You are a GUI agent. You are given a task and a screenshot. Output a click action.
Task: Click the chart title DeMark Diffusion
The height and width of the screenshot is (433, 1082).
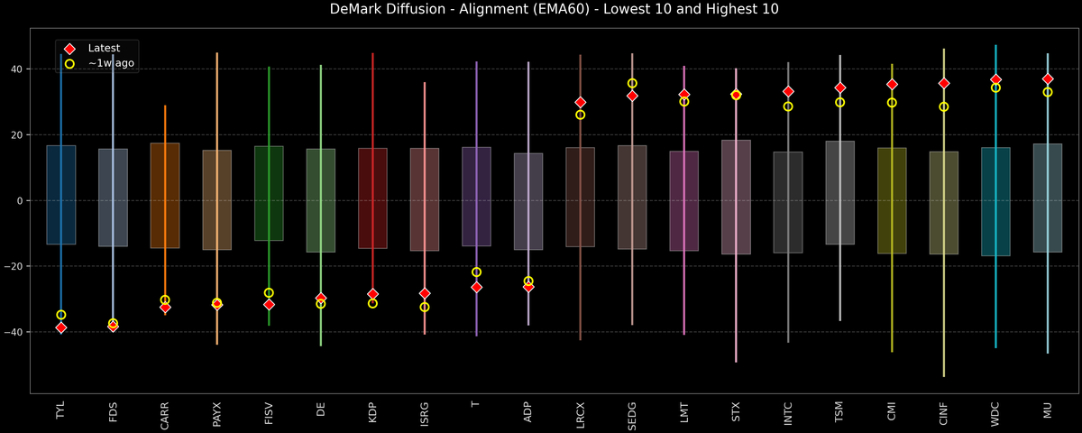click(x=541, y=10)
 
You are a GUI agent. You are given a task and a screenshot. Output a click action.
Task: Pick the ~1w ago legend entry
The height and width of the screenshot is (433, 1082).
click(x=111, y=63)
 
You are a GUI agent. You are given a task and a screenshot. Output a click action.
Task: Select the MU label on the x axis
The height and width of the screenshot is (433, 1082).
click(x=1048, y=410)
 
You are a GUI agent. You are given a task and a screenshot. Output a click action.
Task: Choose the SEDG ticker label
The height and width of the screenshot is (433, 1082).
click(x=632, y=415)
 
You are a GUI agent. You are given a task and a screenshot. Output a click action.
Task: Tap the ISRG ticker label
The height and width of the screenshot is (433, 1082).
click(x=425, y=414)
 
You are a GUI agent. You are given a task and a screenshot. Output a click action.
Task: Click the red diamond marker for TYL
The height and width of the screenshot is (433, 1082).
click(x=60, y=327)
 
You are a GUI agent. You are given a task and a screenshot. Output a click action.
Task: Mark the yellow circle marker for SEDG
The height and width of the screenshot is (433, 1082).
click(x=632, y=83)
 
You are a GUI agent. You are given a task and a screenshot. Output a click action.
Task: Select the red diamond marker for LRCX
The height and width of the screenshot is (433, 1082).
click(x=581, y=103)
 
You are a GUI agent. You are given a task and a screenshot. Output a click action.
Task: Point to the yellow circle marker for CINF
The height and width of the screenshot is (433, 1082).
click(x=944, y=106)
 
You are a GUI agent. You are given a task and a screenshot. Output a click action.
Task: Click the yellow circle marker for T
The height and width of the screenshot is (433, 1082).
click(x=476, y=272)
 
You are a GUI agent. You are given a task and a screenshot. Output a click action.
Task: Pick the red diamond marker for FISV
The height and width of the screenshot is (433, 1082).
click(x=269, y=305)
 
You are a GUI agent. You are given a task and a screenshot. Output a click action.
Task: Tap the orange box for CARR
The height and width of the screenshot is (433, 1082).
click(x=165, y=196)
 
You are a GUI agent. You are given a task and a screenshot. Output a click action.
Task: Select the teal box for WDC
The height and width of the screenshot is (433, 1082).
click(x=995, y=201)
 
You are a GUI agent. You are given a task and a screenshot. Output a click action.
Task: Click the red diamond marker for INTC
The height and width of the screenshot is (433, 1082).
click(x=788, y=91)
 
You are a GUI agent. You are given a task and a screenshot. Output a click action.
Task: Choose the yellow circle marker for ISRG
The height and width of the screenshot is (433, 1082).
click(x=425, y=307)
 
